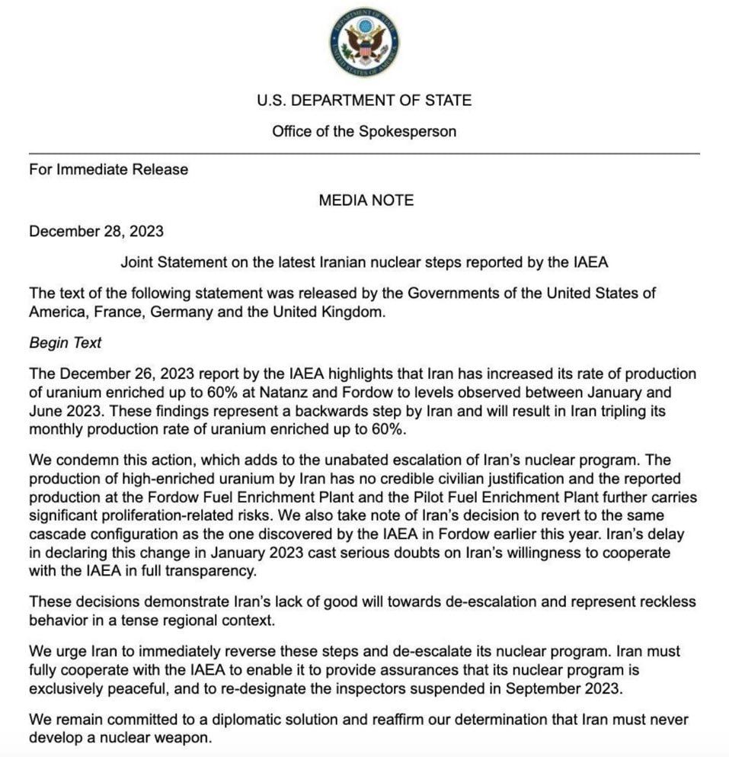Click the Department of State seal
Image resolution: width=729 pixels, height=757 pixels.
(364, 41)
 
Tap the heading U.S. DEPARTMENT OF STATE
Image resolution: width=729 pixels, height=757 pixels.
(364, 100)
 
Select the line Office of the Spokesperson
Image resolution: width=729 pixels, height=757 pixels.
(364, 131)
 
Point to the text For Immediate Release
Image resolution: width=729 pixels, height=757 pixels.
(108, 169)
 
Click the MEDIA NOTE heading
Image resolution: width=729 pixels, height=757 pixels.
(366, 200)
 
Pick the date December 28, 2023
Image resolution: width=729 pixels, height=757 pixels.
(96, 232)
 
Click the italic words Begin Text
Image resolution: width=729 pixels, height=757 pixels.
(65, 343)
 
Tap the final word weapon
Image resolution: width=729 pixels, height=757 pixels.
(183, 739)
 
